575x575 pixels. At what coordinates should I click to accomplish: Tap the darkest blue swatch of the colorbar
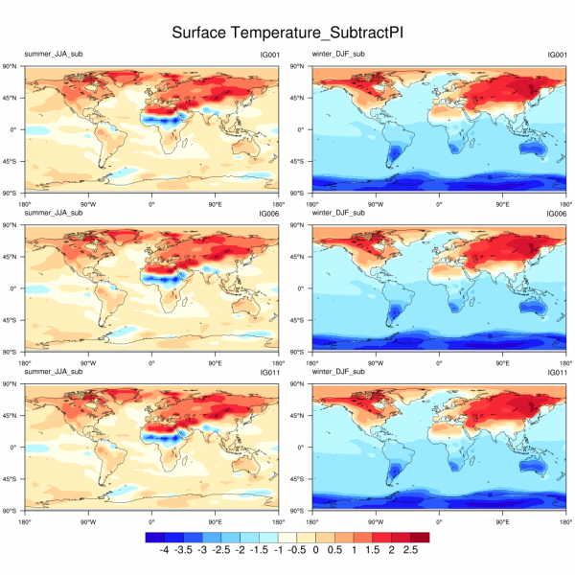(153, 539)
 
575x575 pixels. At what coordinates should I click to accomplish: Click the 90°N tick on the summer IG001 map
(13, 66)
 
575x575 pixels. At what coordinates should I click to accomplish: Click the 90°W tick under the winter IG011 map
(375, 520)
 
